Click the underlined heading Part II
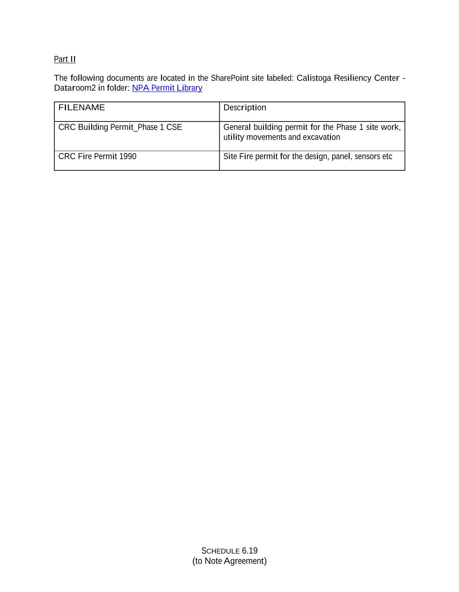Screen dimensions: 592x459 pos(65,59)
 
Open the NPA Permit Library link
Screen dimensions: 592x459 pos(167,88)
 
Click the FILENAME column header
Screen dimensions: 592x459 pos(82,108)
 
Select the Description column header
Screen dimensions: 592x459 pos(244,108)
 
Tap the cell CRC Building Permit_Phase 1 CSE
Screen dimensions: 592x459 pos(120,127)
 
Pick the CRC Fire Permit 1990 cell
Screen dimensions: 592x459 pos(97,157)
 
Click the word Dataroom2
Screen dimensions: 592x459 pos(75,88)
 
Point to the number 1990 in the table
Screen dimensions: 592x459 pos(128,157)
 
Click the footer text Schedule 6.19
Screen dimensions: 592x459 pos(229,551)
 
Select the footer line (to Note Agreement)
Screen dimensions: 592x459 pos(229,561)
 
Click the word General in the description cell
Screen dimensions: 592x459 pos(237,127)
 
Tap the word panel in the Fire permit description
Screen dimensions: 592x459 pos(341,157)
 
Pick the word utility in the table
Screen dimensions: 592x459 pos(234,137)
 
